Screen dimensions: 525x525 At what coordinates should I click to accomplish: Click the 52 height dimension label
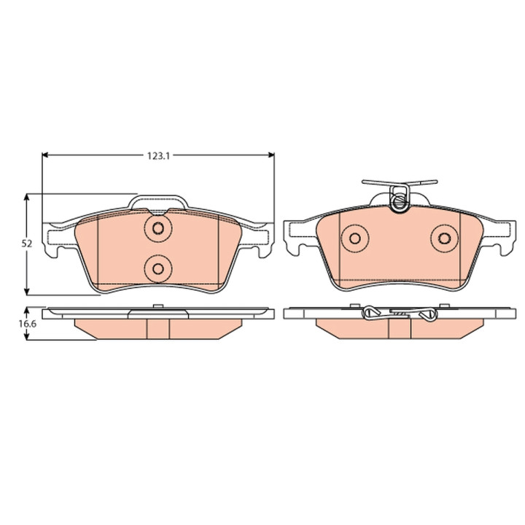[x=27, y=244]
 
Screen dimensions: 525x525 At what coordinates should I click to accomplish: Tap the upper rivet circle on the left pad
[x=158, y=228]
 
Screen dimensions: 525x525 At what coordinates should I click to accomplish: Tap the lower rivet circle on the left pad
[x=158, y=268]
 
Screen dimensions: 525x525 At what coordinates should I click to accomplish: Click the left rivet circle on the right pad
[x=355, y=238]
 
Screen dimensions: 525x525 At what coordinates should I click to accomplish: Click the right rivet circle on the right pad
[x=444, y=238]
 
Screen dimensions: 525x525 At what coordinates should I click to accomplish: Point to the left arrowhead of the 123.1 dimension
[x=46, y=155]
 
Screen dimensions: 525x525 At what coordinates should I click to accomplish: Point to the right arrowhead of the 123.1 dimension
[x=271, y=155]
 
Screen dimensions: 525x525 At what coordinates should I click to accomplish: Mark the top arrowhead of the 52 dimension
[x=27, y=197]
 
